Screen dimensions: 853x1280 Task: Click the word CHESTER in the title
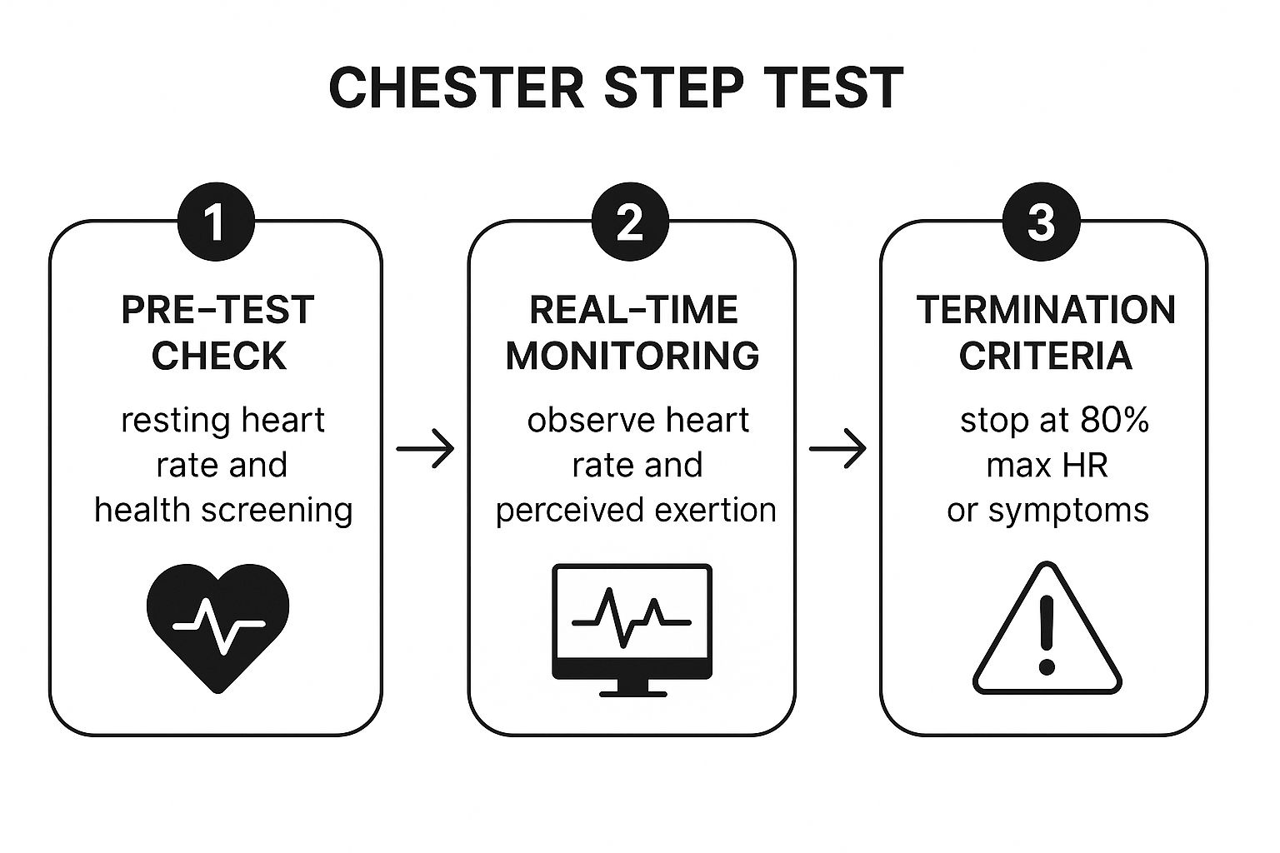tap(456, 87)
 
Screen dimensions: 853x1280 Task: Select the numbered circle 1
tap(216, 222)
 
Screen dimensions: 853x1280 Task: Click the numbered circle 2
tap(630, 222)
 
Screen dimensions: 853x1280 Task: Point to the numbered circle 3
tap(1041, 222)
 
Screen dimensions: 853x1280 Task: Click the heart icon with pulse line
tap(218, 625)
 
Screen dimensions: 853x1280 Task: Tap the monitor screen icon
tap(632, 621)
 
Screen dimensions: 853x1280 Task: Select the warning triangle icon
tap(1047, 633)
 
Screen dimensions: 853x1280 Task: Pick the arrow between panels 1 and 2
tap(425, 449)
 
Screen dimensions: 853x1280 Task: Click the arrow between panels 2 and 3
tap(837, 449)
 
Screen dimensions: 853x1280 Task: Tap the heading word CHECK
tap(218, 356)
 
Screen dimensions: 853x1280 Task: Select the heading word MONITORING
tap(632, 356)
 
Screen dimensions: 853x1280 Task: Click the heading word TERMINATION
tap(1046, 310)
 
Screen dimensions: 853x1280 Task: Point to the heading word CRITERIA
tap(1045, 356)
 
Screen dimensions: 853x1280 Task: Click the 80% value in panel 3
tap(1114, 421)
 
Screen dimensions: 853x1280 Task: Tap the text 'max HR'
tap(1047, 465)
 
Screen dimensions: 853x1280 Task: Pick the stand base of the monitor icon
tap(632, 688)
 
